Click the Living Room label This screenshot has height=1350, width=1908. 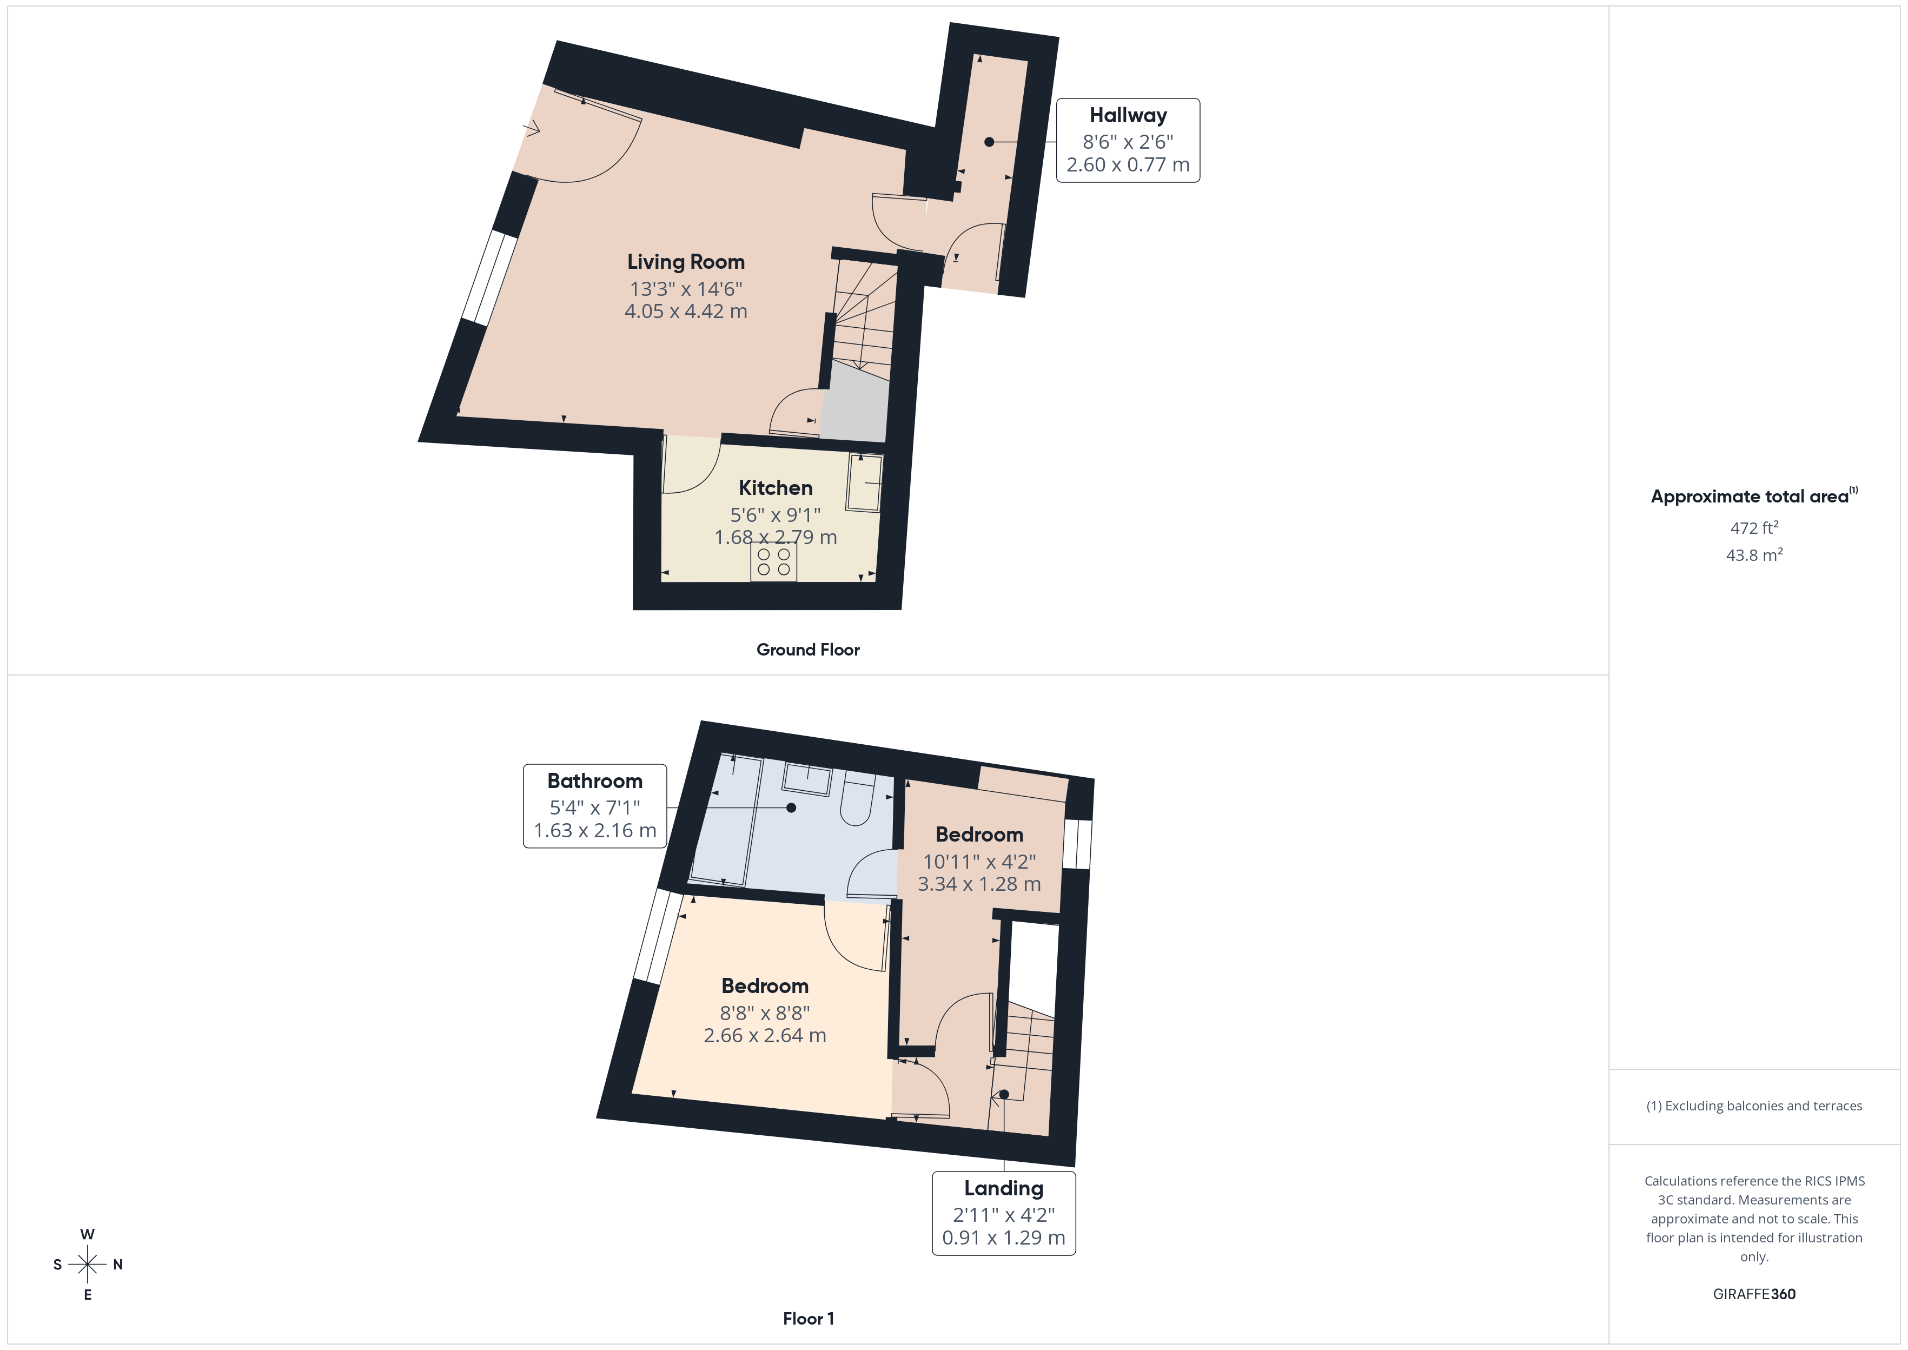click(686, 262)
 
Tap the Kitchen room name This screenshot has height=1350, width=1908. click(776, 488)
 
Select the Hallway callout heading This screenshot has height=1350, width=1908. click(1128, 116)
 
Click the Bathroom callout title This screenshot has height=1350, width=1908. click(595, 782)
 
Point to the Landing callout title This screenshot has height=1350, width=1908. click(1003, 1189)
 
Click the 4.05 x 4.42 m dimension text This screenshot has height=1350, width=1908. click(686, 312)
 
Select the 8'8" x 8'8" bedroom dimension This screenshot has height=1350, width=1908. click(765, 1014)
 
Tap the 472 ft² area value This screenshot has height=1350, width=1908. click(1753, 528)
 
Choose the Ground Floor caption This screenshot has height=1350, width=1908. click(808, 650)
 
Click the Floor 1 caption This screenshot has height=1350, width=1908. click(808, 1319)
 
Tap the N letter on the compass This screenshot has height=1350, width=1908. click(118, 1265)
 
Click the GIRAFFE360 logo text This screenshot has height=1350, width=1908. click(1753, 1294)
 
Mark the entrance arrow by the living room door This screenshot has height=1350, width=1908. click(532, 129)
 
